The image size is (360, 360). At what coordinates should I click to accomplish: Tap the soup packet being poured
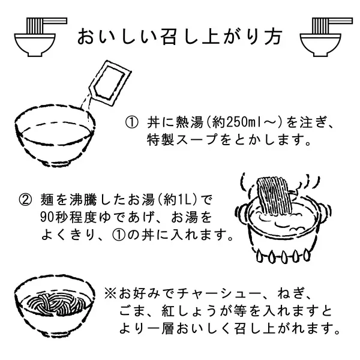pos(110,84)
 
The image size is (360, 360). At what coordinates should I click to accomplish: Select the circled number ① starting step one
pos(132,122)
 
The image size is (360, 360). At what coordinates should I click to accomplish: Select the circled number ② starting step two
pos(25,200)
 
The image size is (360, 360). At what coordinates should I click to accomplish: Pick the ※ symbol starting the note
pos(110,295)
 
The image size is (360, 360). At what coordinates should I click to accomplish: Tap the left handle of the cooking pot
pos(241,211)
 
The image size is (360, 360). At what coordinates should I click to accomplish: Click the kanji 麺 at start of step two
pos(47,200)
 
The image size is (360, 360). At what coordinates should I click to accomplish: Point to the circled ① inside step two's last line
pos(119,235)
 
